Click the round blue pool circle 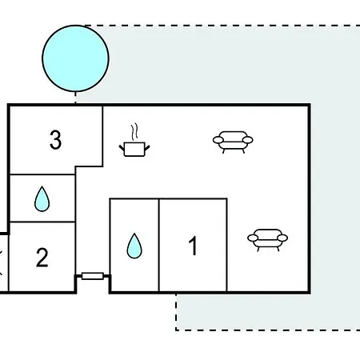click(75, 58)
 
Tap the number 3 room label click(55, 139)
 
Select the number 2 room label click(42, 258)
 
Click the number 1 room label click(193, 246)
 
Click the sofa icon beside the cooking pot click(233, 142)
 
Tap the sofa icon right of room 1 click(267, 240)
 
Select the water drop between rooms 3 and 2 click(42, 199)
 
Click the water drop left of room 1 click(134, 246)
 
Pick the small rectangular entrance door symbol click(93, 276)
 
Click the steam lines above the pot click(135, 131)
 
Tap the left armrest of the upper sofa click(218, 139)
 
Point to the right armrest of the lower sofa click(282, 238)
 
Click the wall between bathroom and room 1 click(159, 245)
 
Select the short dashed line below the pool click(75, 98)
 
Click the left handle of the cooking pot click(122, 147)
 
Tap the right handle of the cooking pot click(147, 147)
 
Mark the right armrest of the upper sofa click(248, 139)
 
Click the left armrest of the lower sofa click(253, 238)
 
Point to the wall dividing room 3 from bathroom click(42, 174)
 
